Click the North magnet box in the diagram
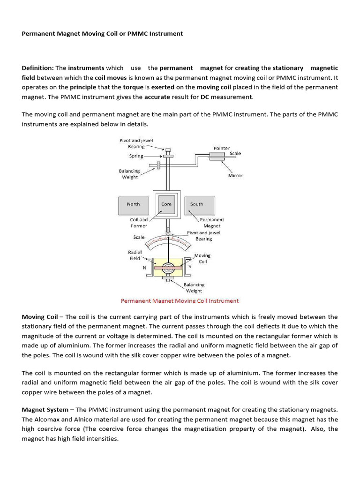pyautogui.click(x=133, y=204)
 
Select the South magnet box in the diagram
pyautogui.click(x=197, y=204)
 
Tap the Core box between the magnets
pyautogui.click(x=166, y=204)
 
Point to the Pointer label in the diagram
pyautogui.click(x=222, y=148)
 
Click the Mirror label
pyautogui.click(x=235, y=175)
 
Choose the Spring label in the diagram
pyautogui.click(x=136, y=156)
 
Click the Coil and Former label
pyautogui.click(x=139, y=223)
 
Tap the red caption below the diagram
pyautogui.click(x=180, y=301)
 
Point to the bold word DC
pyautogui.click(x=205, y=97)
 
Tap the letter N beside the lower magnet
pyautogui.click(x=144, y=268)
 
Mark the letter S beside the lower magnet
pyautogui.click(x=190, y=266)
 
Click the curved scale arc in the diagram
pyautogui.click(x=167, y=240)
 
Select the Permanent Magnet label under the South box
pyautogui.click(x=212, y=223)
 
